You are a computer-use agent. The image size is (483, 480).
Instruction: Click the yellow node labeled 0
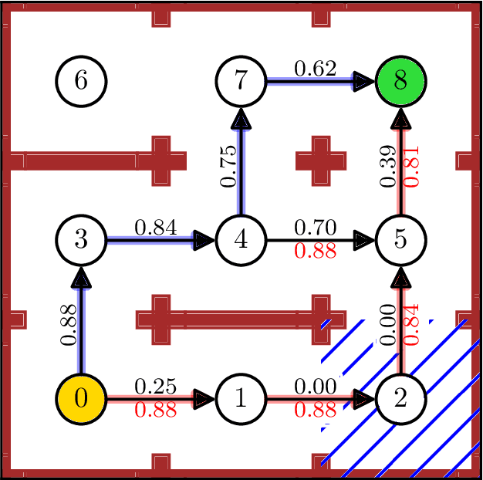point(81,399)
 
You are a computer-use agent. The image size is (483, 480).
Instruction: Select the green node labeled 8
point(400,80)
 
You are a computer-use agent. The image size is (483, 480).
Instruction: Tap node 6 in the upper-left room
point(81,80)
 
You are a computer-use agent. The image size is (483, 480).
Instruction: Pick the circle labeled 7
point(241,80)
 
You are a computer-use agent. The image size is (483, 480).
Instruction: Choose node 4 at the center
point(241,240)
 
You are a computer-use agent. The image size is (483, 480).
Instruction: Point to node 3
point(81,240)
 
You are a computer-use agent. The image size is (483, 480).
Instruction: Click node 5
point(400,240)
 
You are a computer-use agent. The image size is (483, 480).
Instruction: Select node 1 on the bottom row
point(241,399)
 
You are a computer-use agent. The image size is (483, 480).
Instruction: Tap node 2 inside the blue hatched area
point(400,399)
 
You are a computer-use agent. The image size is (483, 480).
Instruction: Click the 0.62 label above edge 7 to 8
point(315,69)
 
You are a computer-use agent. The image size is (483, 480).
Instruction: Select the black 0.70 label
point(315,228)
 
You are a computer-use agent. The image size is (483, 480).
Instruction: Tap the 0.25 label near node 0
point(155,387)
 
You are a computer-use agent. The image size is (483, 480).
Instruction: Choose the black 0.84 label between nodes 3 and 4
point(155,228)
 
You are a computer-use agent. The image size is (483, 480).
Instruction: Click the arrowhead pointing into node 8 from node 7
point(364,80)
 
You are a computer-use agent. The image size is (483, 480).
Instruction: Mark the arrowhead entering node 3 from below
point(81,276)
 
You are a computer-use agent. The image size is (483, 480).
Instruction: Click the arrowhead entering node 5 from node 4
point(364,240)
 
